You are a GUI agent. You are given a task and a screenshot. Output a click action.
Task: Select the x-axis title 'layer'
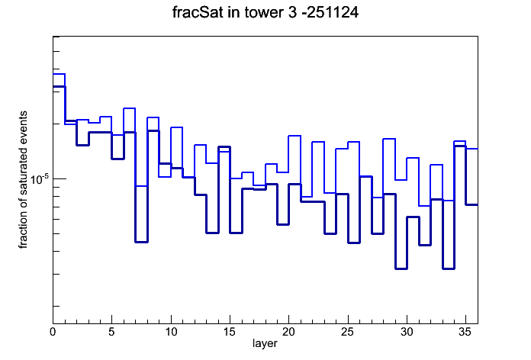point(265,343)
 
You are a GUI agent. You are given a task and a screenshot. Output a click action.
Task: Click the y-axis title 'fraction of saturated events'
point(23,180)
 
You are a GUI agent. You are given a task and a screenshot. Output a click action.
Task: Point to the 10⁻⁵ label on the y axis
point(39,178)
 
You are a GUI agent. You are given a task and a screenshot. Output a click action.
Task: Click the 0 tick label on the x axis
point(53,332)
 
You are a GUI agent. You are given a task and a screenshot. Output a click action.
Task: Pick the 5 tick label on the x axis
point(111,332)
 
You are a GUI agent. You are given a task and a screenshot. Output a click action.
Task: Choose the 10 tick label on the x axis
point(171,332)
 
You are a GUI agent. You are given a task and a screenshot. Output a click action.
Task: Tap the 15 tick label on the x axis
point(230,332)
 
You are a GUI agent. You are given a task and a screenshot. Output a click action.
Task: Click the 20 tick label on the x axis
point(288,332)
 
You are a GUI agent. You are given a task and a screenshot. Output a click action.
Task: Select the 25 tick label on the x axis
point(347,332)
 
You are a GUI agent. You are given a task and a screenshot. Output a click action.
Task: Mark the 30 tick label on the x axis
point(407,332)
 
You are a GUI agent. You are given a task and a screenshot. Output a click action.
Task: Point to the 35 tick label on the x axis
point(465,332)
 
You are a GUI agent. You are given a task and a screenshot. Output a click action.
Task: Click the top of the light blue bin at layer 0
point(59,74)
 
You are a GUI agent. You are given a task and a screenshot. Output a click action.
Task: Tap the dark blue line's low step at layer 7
point(142,242)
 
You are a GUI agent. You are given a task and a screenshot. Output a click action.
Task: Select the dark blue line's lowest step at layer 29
point(401,268)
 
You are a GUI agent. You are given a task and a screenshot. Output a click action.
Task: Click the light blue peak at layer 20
point(294,136)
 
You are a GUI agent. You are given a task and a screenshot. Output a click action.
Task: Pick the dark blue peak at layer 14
point(224,146)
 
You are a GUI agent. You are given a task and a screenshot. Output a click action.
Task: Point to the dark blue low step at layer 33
point(449,268)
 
